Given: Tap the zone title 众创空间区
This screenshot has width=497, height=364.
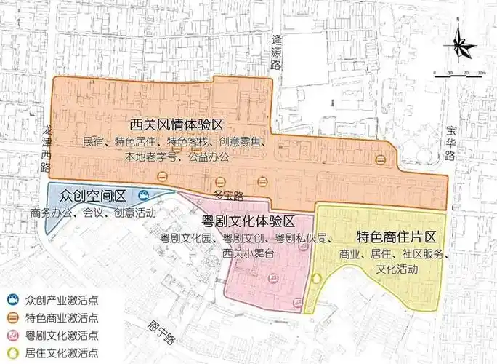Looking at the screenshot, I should (94, 196).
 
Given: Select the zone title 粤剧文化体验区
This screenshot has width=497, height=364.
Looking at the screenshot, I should (248, 221).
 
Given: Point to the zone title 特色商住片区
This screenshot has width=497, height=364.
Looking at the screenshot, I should (395, 237).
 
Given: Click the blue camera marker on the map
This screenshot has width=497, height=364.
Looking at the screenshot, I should (144, 196).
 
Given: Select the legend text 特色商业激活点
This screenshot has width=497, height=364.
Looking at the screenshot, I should (62, 317).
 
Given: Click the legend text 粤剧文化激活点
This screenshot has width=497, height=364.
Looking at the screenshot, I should (62, 336).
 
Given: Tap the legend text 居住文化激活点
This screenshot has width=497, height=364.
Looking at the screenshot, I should (62, 353).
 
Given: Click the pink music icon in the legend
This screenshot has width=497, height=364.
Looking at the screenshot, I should (12, 336).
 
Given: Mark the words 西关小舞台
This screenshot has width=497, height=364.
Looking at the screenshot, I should (248, 253).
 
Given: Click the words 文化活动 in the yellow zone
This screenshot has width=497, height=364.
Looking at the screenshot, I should (397, 269).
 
